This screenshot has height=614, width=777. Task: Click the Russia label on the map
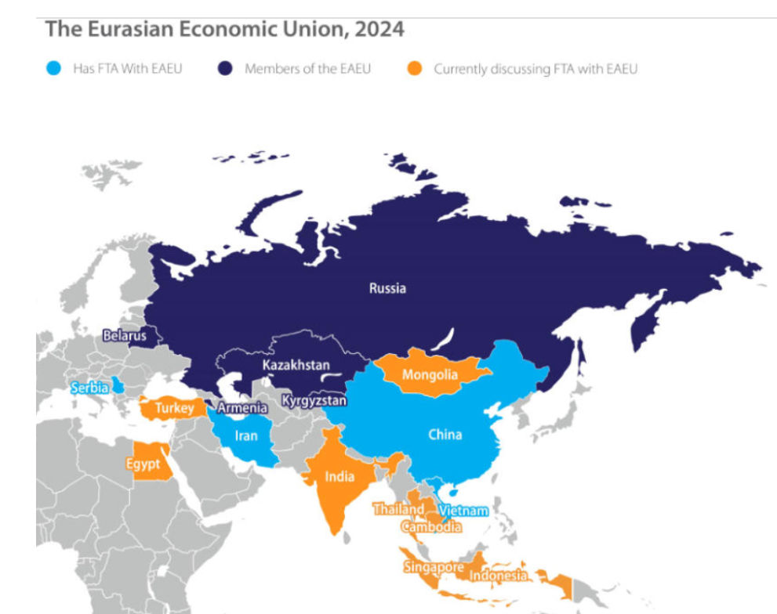[387, 288]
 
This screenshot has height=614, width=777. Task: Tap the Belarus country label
[125, 336]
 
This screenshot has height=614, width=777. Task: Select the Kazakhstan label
[296, 366]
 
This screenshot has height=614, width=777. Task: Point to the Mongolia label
[429, 375]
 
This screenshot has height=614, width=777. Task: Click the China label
[445, 435]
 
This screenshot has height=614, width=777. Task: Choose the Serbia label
[89, 388]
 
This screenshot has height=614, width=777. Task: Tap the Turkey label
[174, 408]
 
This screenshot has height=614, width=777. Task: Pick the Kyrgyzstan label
[314, 401]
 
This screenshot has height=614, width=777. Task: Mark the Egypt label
[143, 464]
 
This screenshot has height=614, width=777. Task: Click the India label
[339, 476]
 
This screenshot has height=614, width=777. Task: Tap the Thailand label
[398, 509]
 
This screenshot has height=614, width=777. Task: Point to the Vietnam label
[463, 510]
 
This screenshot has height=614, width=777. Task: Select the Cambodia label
[431, 527]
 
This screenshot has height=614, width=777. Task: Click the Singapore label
[433, 567]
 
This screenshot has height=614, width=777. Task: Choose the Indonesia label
[499, 576]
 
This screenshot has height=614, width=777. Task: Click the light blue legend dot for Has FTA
[52, 69]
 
